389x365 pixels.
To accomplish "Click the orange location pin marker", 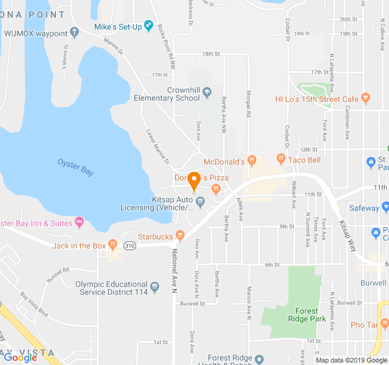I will coord(194,181).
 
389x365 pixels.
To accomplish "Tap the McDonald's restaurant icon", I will coord(253,161).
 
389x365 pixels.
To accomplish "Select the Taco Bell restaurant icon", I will coord(281,159).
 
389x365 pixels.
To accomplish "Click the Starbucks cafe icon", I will coord(180,235).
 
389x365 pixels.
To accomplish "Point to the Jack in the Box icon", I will coord(113,245).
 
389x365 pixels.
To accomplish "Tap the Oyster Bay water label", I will coord(75,167).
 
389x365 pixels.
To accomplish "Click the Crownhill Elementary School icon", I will coord(207,92).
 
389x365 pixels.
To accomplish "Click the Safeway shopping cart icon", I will coord(384,207).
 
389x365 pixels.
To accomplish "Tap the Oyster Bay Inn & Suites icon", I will coord(79,221).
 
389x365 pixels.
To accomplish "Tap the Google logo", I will coord(20,358).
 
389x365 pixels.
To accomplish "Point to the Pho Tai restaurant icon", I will coord(384,324).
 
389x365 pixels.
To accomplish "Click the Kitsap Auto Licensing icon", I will coord(200,201).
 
